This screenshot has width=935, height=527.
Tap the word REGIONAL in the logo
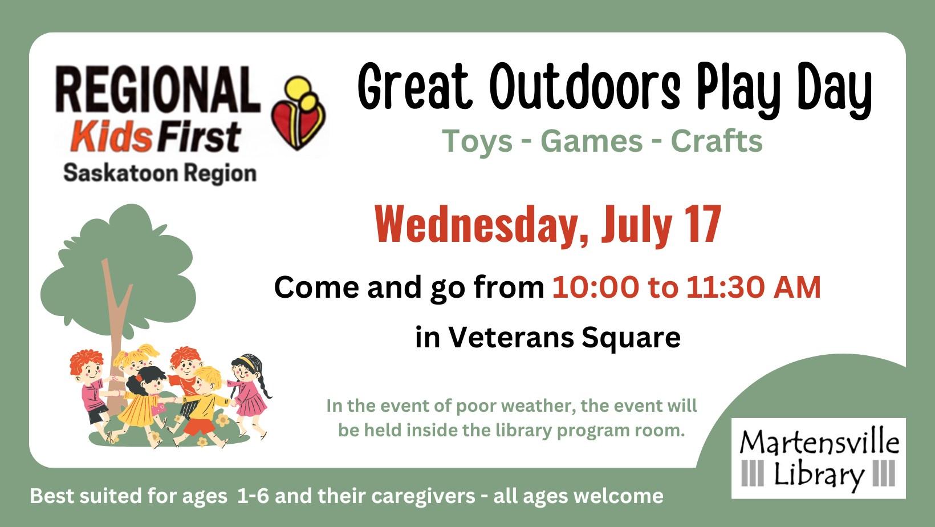[x=158, y=89]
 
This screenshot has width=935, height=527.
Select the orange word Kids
[x=112, y=136]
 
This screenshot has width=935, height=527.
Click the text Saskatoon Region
[x=160, y=173]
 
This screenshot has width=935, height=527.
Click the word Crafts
[x=717, y=141]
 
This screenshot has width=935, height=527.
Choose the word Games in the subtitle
[x=591, y=141]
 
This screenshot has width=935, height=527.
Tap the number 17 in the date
[x=703, y=224]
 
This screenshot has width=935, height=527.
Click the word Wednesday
[x=481, y=225]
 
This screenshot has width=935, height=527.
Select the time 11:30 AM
[x=753, y=287]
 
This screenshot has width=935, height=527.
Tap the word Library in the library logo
[x=819, y=475]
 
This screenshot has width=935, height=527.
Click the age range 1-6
[x=253, y=496]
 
